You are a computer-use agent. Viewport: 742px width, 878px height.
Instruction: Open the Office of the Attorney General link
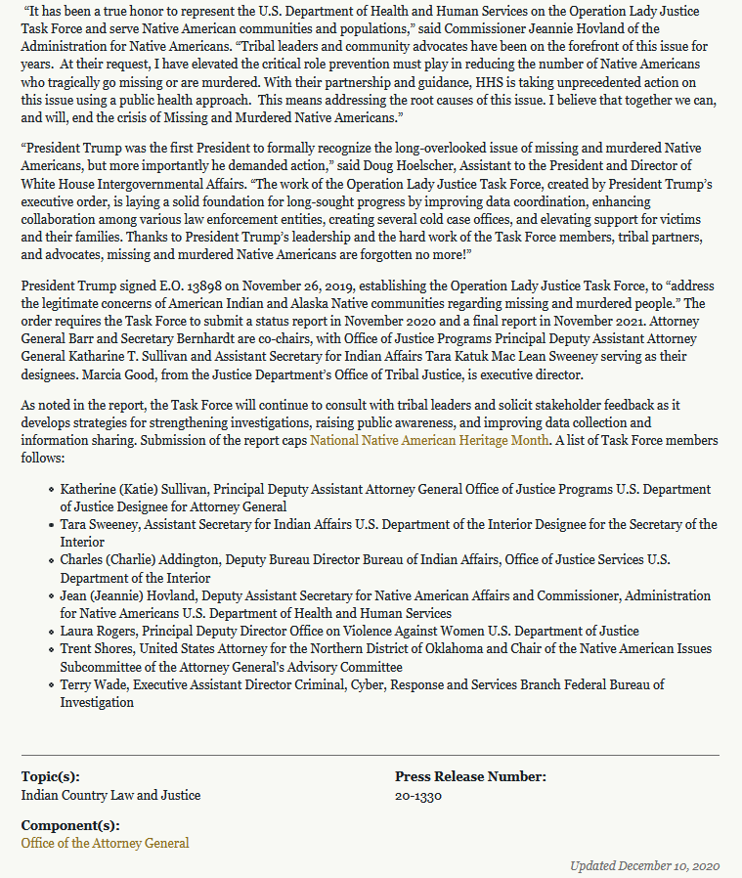click(106, 843)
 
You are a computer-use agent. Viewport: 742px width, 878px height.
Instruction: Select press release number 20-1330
click(418, 795)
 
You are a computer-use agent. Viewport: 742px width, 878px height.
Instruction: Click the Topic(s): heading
click(51, 777)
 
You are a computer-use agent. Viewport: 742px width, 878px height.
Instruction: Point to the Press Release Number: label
click(470, 777)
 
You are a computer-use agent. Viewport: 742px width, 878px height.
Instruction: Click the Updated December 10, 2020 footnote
click(644, 866)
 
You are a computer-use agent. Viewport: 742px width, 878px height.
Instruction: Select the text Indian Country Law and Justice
click(110, 795)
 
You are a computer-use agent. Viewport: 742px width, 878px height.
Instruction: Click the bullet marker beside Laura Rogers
click(51, 632)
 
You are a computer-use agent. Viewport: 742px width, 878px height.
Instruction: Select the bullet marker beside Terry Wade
click(51, 684)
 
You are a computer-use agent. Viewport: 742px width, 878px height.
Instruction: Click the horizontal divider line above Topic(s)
click(371, 755)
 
